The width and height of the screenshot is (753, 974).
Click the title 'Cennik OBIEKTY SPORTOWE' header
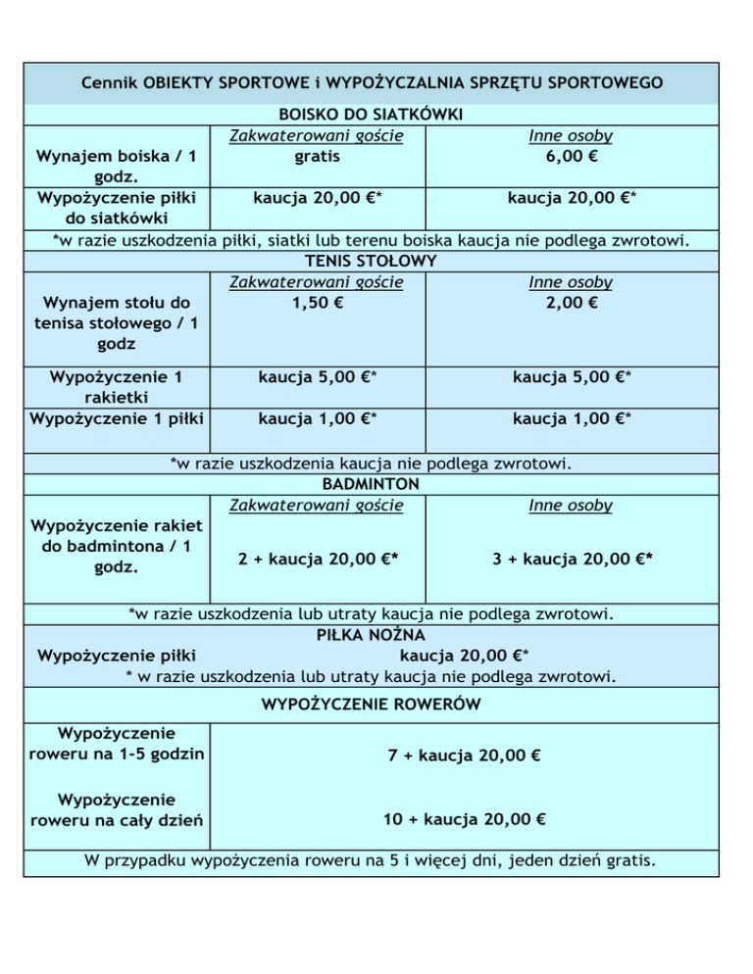coord(372,82)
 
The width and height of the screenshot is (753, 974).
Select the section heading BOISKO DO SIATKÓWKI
coord(372,117)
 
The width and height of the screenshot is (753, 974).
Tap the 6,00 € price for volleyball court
coord(571,156)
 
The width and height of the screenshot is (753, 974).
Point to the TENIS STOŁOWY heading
coord(372,262)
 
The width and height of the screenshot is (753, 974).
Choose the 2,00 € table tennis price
coord(571,302)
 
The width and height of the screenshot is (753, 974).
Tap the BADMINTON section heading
coord(372,484)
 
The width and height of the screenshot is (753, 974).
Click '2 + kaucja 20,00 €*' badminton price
coord(318,560)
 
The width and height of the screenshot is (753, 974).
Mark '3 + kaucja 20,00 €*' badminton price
coord(573,560)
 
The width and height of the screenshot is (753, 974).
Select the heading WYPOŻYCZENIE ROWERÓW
coord(372,704)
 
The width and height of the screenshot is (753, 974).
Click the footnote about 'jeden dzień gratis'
coord(372,861)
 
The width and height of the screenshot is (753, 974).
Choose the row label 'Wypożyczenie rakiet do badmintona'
coord(117,548)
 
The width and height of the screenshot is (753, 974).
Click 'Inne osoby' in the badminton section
coord(571,506)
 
